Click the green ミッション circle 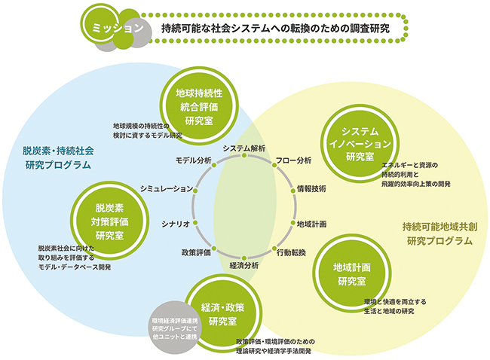click(x=112, y=28)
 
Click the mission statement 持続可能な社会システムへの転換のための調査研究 click(x=276, y=28)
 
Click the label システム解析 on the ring click(x=243, y=148)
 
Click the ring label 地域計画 click(x=311, y=224)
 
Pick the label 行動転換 click(x=291, y=252)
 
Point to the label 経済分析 click(x=244, y=265)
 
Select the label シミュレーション click(x=167, y=188)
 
